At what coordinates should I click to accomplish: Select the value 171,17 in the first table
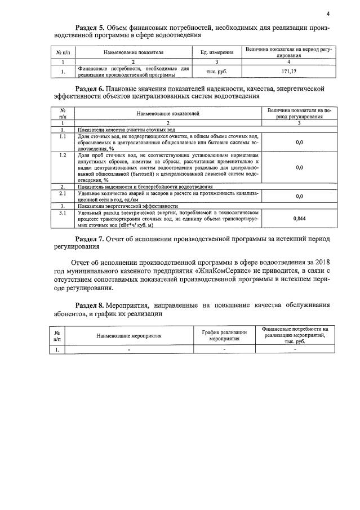coord(288,72)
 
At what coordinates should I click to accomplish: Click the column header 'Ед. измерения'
coord(217,52)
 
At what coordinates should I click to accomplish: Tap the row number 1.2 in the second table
coord(63,154)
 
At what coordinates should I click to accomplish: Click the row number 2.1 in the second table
coord(63,193)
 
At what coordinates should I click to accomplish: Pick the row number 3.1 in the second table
coord(63,212)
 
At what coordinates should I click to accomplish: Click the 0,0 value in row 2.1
coord(299,196)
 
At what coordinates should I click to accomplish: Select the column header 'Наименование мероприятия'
coord(129,335)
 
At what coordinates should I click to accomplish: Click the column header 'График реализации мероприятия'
coord(224,335)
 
